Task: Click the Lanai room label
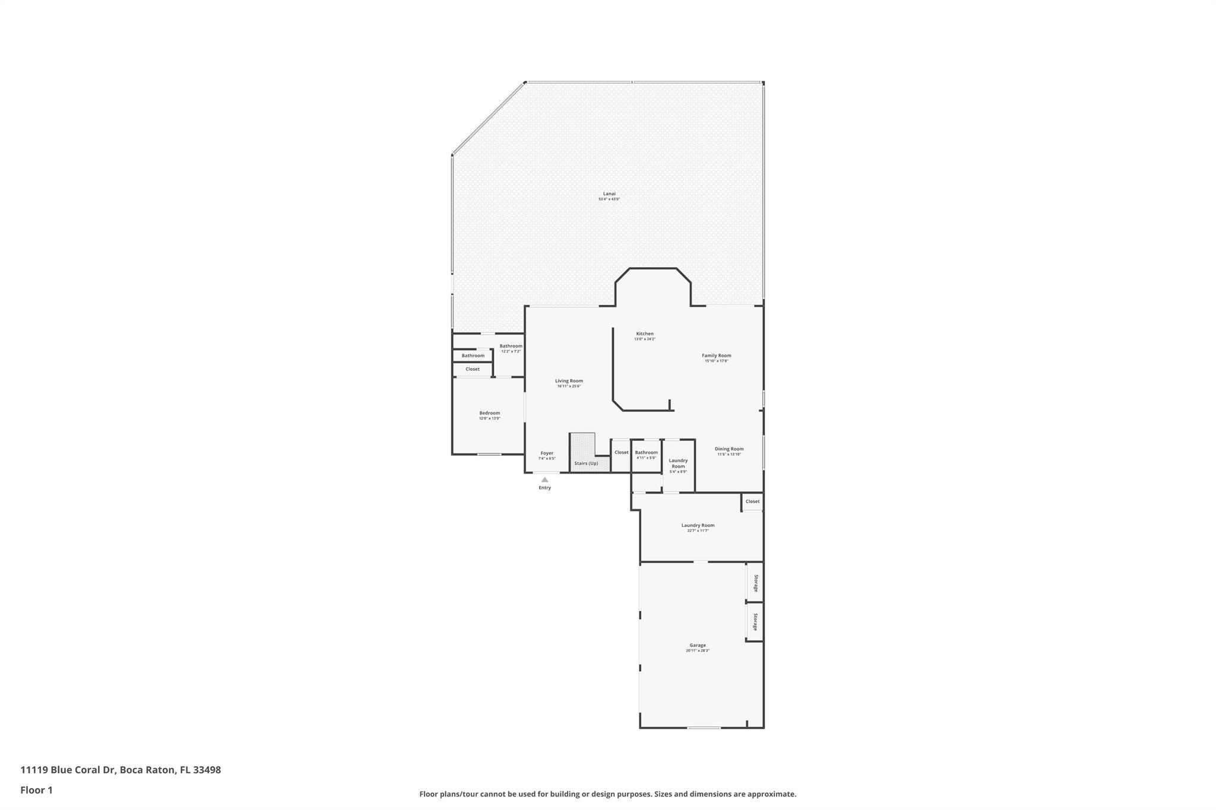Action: (x=609, y=194)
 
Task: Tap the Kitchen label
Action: (x=644, y=334)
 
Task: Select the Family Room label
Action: (x=716, y=356)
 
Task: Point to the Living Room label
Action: (x=569, y=382)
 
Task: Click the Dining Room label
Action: (x=729, y=449)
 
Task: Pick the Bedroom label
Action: (x=489, y=414)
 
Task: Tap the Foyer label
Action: (x=546, y=453)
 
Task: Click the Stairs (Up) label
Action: (x=585, y=463)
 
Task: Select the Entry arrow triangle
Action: (x=544, y=479)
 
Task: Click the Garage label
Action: (x=697, y=646)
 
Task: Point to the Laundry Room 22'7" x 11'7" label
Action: (x=698, y=526)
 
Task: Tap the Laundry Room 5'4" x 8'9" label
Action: (x=678, y=463)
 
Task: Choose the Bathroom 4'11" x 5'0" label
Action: (x=646, y=453)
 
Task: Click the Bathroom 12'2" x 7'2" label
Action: (x=511, y=347)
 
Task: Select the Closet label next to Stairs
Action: (x=621, y=453)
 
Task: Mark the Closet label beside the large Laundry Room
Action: (x=752, y=501)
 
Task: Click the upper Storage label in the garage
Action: (x=756, y=583)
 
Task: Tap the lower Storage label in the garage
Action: (x=756, y=622)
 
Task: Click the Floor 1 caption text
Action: (x=36, y=790)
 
